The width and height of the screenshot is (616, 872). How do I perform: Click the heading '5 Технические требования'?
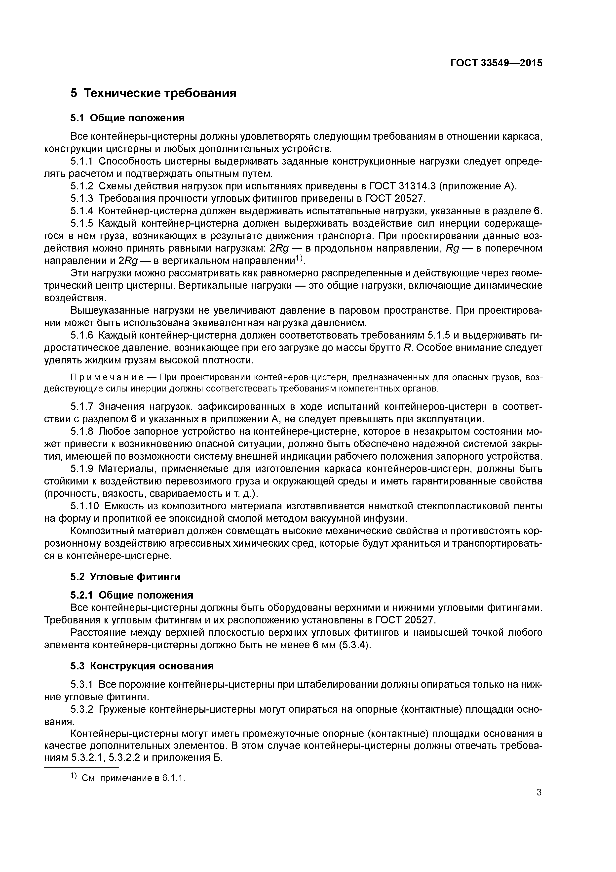tap(153, 93)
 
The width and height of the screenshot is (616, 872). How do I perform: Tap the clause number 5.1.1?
tap(82, 161)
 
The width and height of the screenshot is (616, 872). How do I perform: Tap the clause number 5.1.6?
tap(82, 336)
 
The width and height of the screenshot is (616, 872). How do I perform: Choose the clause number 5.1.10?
tap(84, 506)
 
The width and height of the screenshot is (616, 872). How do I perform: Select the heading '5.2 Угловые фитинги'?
tap(125, 577)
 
